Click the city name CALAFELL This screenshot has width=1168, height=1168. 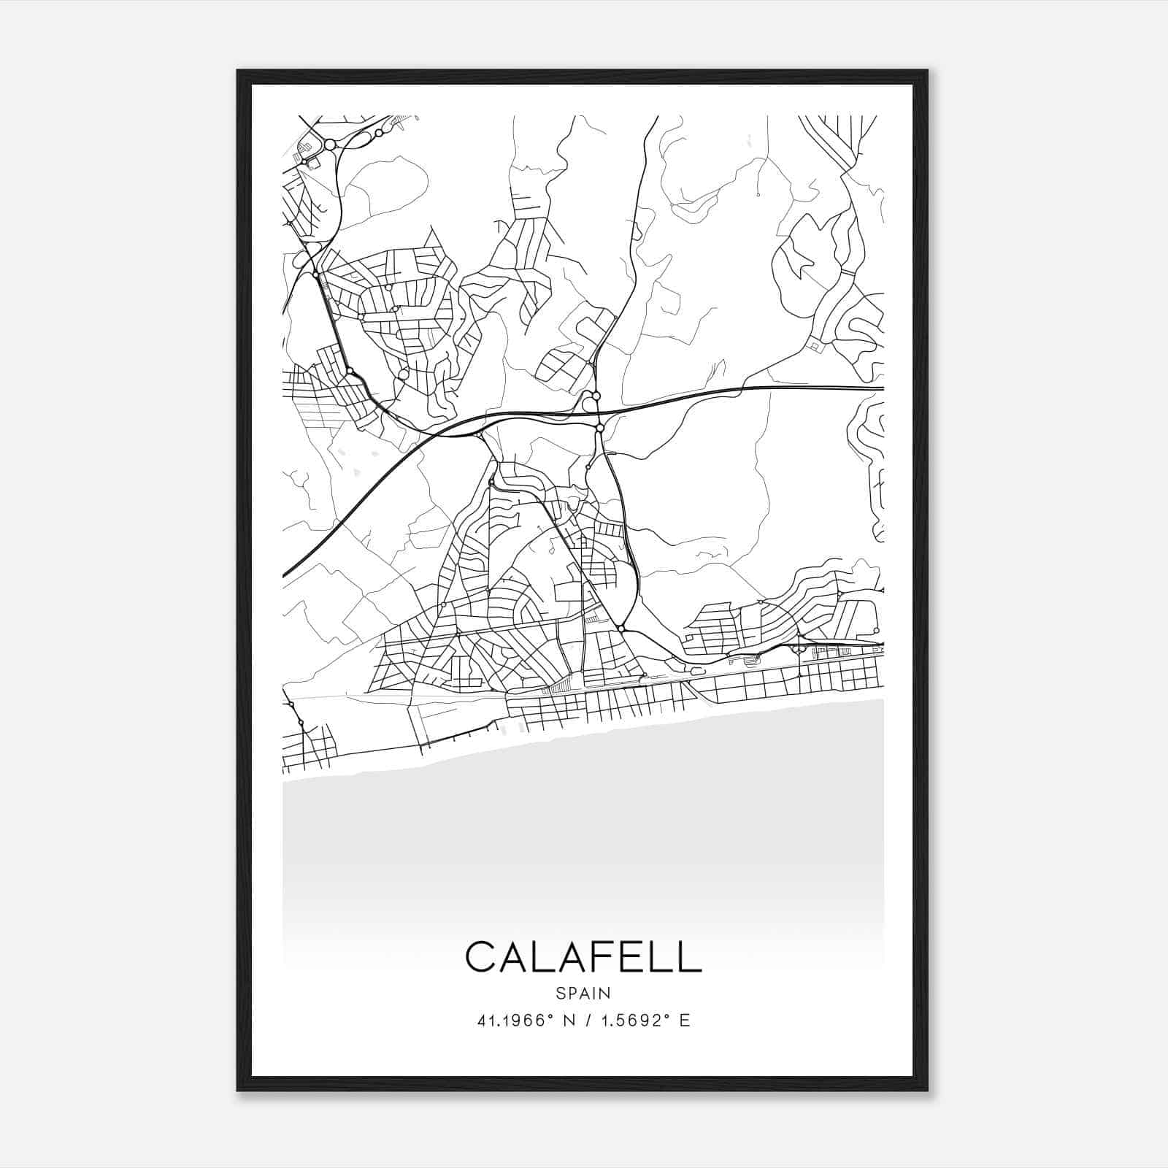click(x=583, y=957)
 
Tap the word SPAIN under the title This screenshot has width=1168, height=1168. click(x=583, y=993)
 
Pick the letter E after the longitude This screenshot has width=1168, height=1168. click(x=684, y=1021)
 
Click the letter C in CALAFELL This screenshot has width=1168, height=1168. click(x=482, y=957)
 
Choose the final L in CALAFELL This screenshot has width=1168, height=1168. click(x=689, y=957)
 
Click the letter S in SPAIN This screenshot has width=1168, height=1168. click(x=560, y=993)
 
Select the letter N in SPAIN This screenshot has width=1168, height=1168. click(x=605, y=993)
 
